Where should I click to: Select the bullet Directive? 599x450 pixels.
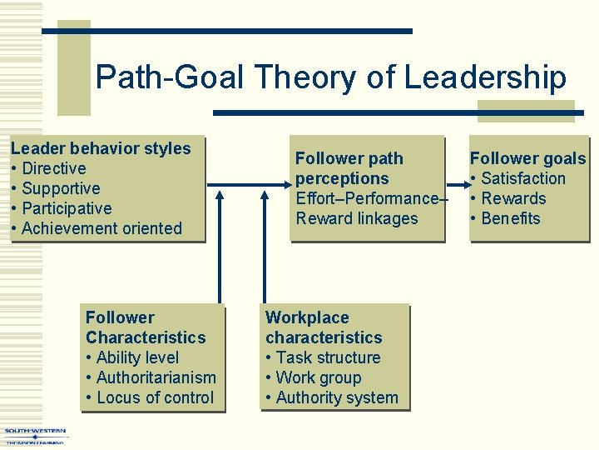point(54,168)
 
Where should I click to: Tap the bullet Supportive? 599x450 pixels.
point(61,188)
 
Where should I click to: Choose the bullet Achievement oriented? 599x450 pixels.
point(101,228)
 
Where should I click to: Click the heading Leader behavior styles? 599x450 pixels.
point(101,148)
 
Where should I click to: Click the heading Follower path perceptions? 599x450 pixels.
point(349,168)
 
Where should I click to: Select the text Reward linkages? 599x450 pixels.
point(357,218)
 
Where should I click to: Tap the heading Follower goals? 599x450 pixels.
point(527,158)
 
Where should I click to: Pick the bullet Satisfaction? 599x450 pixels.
point(522,178)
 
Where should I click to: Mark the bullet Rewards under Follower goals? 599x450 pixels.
point(513,198)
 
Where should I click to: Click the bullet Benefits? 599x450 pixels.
point(510,218)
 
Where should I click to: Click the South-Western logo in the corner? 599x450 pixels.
point(35,436)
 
